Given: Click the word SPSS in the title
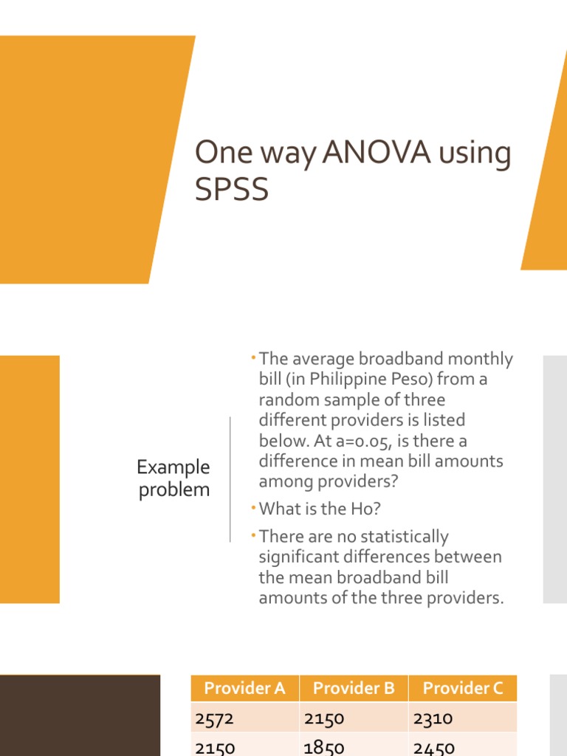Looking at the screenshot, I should (x=232, y=190).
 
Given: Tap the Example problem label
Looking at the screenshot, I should (x=174, y=478).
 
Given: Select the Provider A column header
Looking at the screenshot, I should (x=244, y=688).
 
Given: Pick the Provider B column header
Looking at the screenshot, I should (x=354, y=688).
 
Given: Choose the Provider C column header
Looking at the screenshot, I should (x=463, y=688).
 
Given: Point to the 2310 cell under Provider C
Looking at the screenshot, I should (x=433, y=717).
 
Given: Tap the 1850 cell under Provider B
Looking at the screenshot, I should (x=324, y=747).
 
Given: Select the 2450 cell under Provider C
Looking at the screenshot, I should (x=434, y=747).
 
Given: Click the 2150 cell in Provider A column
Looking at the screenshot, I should (x=216, y=747).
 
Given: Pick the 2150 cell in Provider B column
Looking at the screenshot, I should (x=324, y=717).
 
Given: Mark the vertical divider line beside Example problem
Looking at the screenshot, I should (x=230, y=478).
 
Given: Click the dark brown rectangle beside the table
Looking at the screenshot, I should (x=80, y=715).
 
